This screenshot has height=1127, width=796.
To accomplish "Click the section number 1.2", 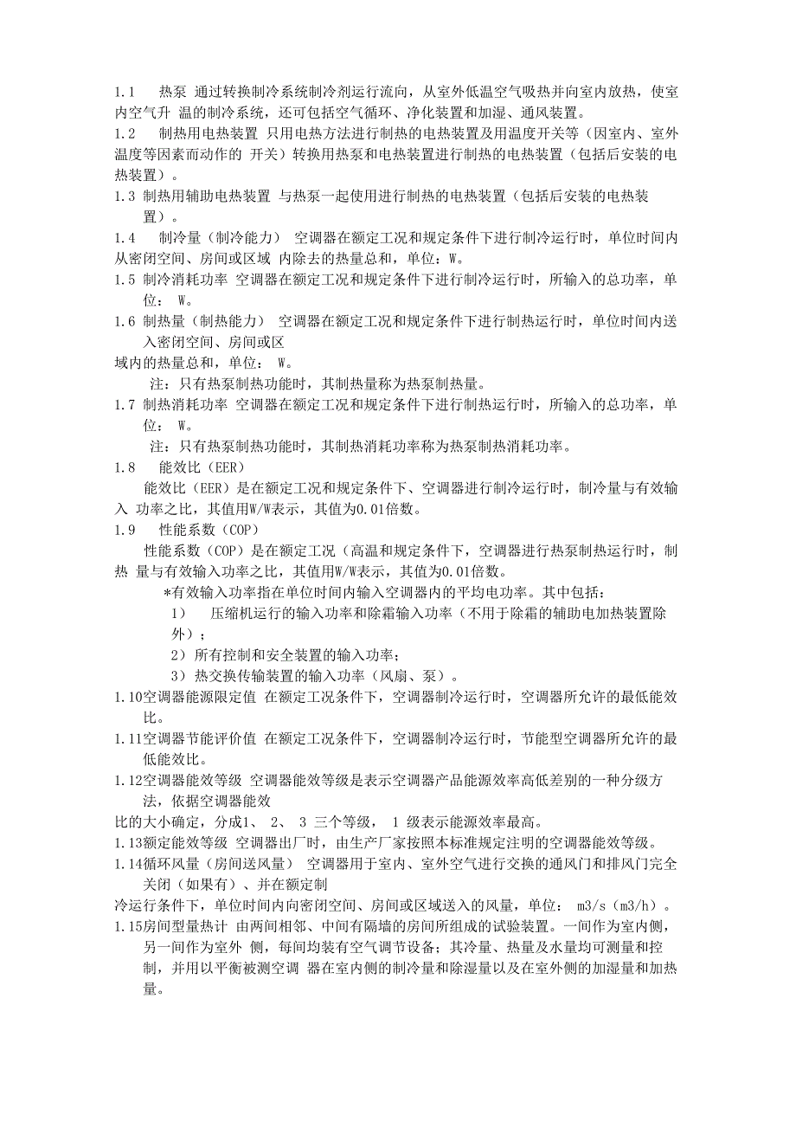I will click(x=126, y=133).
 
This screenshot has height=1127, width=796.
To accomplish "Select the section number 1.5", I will click(x=126, y=280).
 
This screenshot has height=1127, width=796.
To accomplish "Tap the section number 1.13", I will click(x=130, y=843).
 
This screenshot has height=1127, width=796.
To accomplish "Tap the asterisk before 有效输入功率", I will click(x=167, y=593).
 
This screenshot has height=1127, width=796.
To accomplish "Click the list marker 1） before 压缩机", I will click(x=178, y=614).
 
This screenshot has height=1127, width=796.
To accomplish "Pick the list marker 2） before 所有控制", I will click(x=177, y=655).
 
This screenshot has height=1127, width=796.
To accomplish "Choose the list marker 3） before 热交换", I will click(x=177, y=676).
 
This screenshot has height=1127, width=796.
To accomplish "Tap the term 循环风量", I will click(x=172, y=864).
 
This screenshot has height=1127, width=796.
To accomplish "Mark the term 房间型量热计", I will click(x=186, y=927).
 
